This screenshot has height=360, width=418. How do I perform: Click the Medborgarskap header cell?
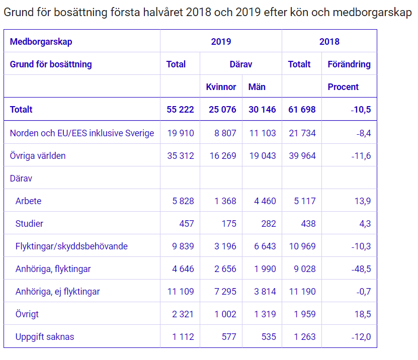(41, 42)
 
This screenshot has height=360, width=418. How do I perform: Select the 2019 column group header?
(221, 42)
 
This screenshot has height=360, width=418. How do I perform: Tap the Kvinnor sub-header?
(221, 87)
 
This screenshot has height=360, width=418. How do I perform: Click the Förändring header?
(349, 64)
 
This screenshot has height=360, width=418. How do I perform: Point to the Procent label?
(343, 87)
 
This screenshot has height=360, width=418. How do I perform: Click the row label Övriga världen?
(38, 156)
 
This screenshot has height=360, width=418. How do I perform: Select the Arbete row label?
(29, 201)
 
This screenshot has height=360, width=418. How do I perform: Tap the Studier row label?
(29, 224)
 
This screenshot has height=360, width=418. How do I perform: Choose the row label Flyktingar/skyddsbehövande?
(71, 246)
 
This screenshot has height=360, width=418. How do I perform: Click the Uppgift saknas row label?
(45, 337)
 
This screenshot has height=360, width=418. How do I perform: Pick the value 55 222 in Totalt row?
(180, 110)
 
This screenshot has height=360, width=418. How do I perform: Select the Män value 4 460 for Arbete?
(265, 201)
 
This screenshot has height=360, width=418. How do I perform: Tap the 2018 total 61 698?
(302, 110)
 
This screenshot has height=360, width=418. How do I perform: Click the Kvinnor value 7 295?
(225, 292)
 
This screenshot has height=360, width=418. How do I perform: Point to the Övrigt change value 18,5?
(362, 314)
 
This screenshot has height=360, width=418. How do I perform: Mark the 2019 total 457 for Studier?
(187, 224)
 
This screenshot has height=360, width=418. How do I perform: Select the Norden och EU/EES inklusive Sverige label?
(82, 133)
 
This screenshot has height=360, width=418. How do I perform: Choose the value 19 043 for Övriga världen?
(263, 156)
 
